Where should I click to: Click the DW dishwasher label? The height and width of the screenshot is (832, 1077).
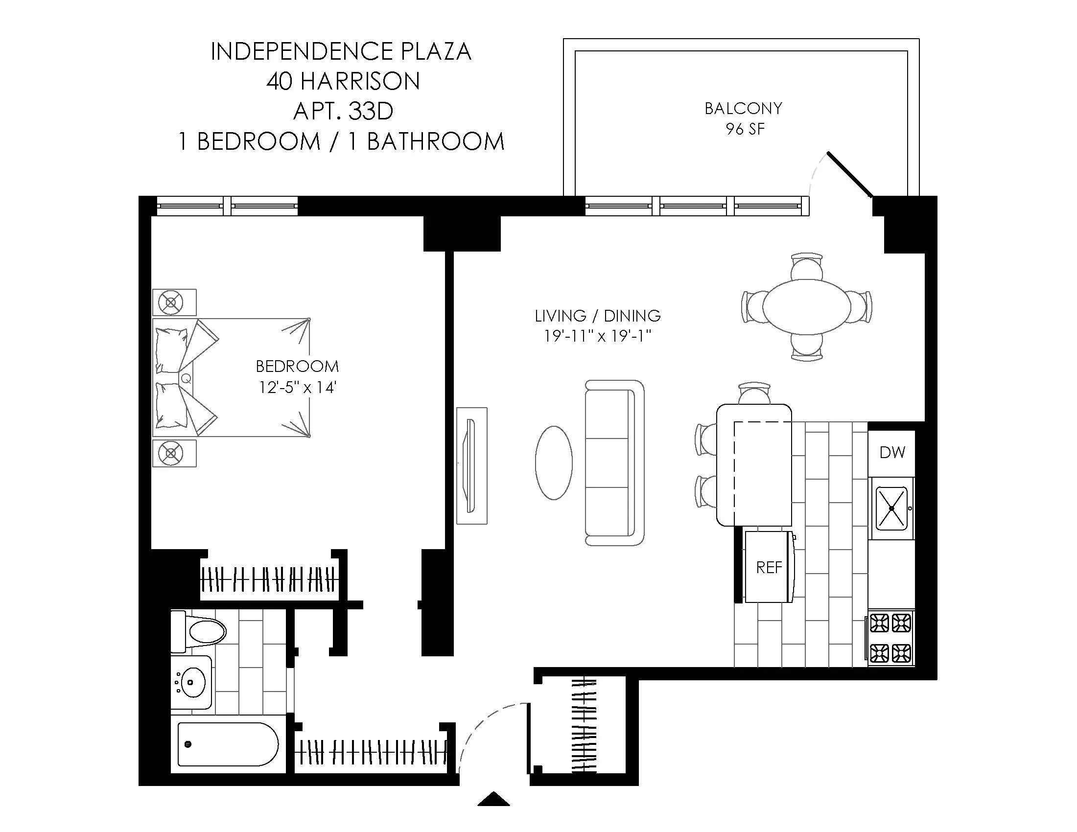(x=892, y=452)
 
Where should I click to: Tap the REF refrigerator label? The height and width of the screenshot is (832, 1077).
(x=769, y=567)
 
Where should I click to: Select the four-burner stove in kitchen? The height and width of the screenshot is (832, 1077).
(x=890, y=638)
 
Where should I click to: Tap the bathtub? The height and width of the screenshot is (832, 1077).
(x=227, y=744)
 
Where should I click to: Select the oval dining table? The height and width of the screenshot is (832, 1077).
(x=807, y=306)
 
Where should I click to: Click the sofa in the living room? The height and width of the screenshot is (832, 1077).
(x=615, y=462)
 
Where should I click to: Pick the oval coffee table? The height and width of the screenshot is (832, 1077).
(x=554, y=463)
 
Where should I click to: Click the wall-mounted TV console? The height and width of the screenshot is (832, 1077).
(x=471, y=465)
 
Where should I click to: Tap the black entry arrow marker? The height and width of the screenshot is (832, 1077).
(x=493, y=800)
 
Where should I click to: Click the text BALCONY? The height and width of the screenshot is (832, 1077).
(x=743, y=109)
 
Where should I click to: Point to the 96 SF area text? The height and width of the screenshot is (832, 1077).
(x=745, y=129)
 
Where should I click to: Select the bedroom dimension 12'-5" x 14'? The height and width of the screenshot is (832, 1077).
(x=297, y=388)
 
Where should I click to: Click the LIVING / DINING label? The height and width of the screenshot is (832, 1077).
(x=598, y=316)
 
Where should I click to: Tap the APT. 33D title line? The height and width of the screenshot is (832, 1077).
(x=343, y=111)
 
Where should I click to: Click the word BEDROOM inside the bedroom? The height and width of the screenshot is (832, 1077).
(x=297, y=366)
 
